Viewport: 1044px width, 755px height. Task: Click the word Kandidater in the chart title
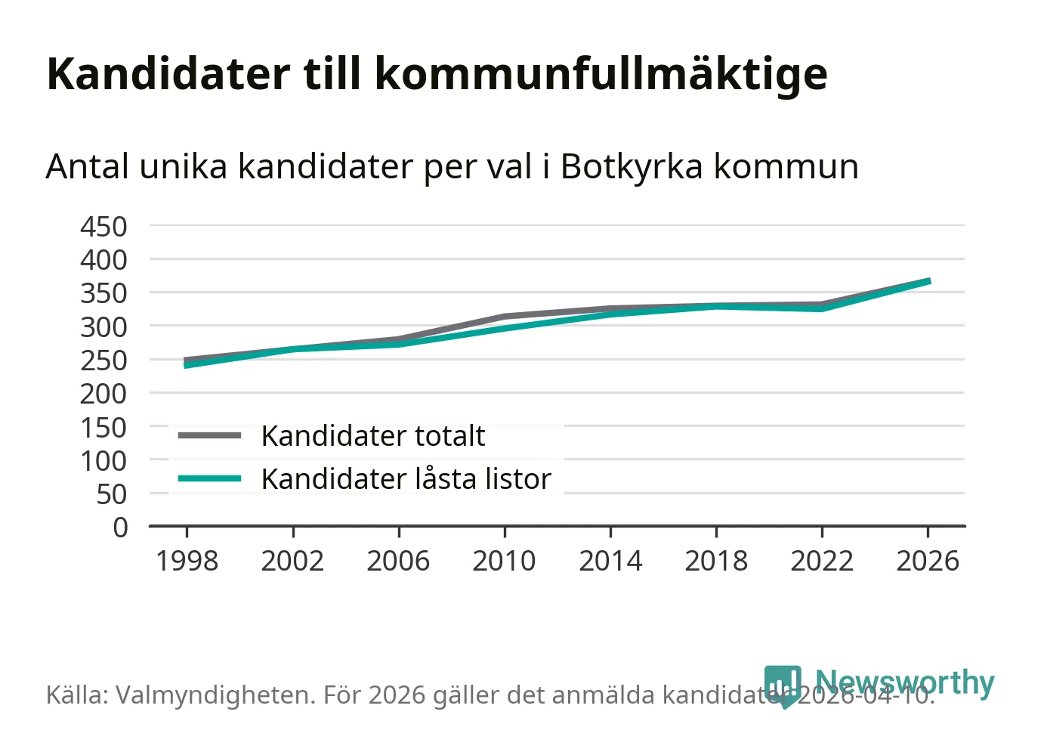tap(168, 73)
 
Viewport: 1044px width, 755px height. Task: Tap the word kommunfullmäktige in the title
tap(601, 75)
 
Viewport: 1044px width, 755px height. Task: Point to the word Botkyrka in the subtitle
tap(631, 167)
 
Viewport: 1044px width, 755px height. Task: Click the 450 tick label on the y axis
tap(103, 226)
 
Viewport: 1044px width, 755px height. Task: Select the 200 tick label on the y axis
tap(103, 393)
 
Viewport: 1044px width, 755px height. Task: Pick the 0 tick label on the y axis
tap(120, 527)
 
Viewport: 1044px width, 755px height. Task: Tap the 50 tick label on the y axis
tap(112, 494)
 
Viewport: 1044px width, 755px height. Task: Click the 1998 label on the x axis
tap(187, 561)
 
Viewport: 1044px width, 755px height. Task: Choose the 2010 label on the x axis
tap(504, 561)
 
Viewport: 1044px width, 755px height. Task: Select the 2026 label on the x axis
tap(928, 561)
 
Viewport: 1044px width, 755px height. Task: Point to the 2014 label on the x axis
tap(610, 561)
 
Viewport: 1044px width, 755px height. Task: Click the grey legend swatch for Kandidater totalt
tap(209, 435)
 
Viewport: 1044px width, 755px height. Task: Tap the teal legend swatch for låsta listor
tap(209, 478)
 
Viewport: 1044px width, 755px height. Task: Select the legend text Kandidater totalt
tap(373, 436)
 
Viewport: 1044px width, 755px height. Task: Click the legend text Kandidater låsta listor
tap(406, 479)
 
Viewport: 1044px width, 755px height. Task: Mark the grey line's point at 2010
tap(505, 317)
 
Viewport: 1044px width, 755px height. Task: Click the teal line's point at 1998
tap(187, 365)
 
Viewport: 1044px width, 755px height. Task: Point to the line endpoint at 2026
tap(928, 281)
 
